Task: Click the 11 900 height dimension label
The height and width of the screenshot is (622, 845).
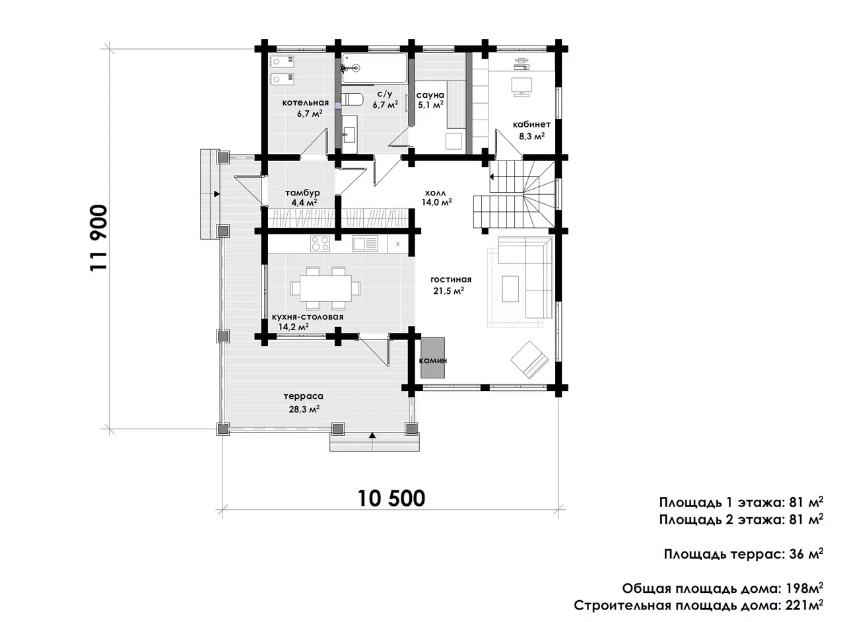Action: tap(99, 238)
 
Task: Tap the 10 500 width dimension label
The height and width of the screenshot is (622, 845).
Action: tap(391, 499)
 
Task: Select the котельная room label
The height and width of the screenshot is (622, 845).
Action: tap(306, 102)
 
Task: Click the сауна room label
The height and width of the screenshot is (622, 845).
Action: tap(430, 94)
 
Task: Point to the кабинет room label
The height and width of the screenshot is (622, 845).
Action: tap(531, 124)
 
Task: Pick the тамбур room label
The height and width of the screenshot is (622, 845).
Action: tap(302, 193)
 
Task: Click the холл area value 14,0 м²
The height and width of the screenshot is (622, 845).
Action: tap(437, 202)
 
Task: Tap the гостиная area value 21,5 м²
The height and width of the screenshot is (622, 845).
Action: tap(448, 291)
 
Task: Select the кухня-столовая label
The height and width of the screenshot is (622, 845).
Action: tap(308, 317)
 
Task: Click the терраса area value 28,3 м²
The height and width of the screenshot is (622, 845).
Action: tap(304, 409)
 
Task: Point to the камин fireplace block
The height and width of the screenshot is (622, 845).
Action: tap(432, 357)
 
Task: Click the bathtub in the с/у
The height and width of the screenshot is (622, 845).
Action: tap(374, 68)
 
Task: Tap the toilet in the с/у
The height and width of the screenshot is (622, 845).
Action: tap(353, 99)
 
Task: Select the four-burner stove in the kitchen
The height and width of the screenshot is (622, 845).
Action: tap(320, 244)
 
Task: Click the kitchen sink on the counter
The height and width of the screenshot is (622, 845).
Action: tap(365, 244)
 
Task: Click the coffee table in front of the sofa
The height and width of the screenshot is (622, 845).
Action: tap(510, 289)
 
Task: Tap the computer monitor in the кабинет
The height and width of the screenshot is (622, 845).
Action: tap(522, 87)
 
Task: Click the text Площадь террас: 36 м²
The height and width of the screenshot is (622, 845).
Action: tap(743, 554)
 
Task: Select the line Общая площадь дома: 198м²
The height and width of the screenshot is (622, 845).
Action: tap(722, 588)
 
